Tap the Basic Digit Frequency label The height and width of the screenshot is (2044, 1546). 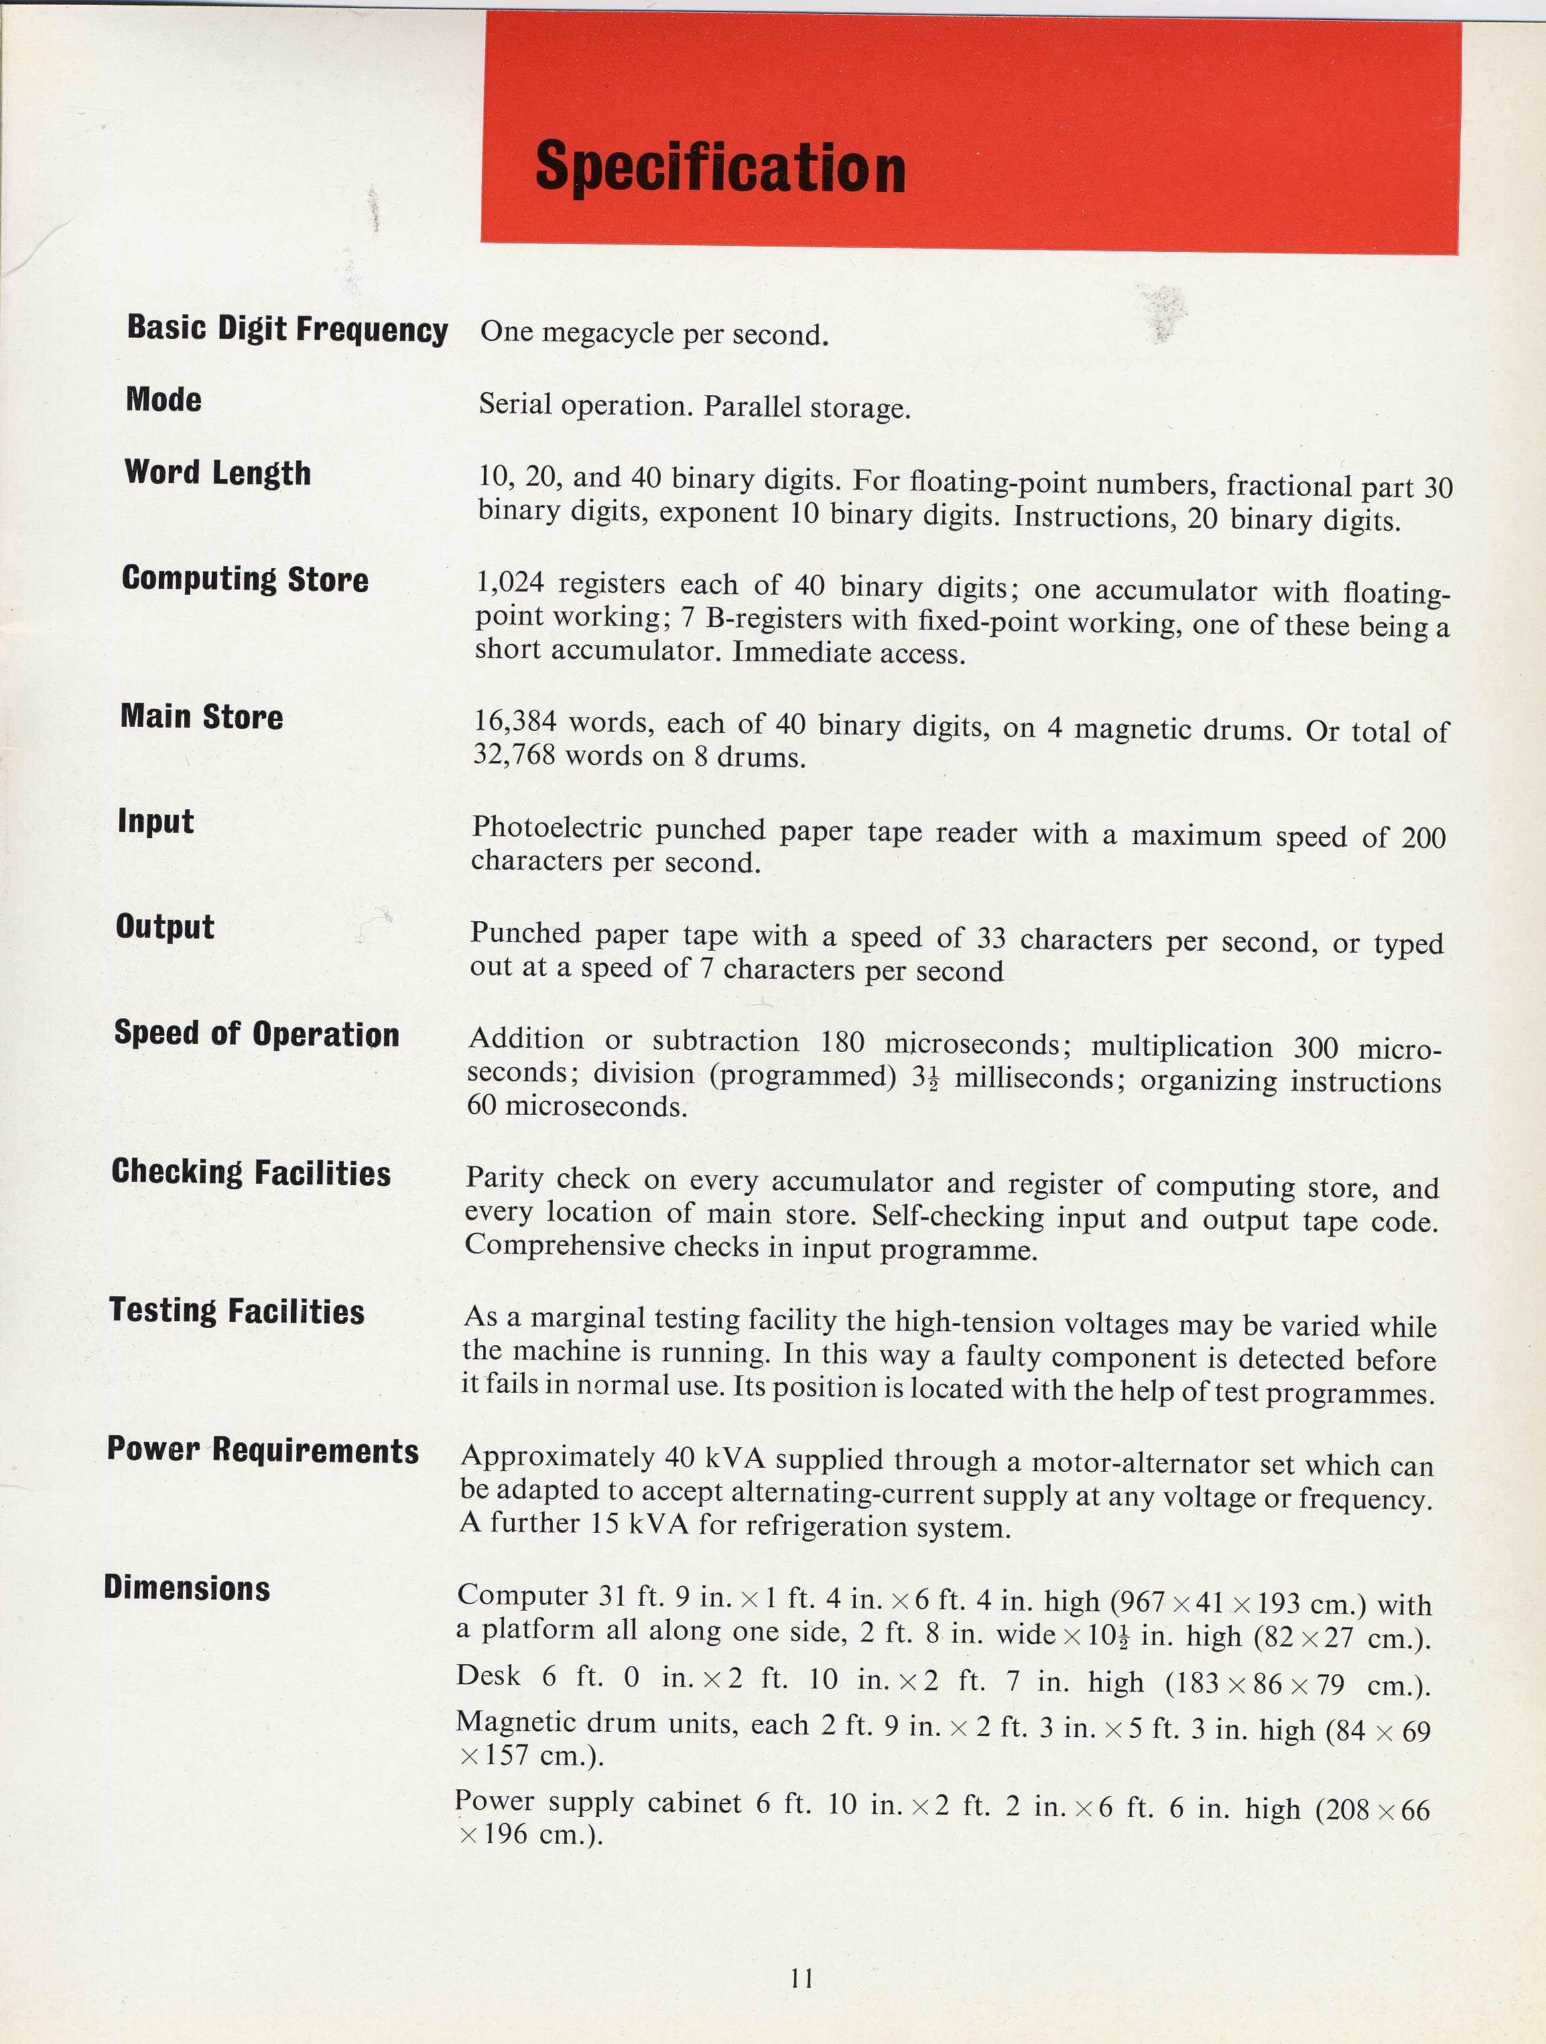287,329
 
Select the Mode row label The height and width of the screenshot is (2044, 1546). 164,399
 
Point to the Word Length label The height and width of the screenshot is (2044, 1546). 217,472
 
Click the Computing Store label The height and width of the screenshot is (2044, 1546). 245,578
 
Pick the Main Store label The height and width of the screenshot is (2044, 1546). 202,716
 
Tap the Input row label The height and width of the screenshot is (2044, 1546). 155,821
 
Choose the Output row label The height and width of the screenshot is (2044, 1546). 164,927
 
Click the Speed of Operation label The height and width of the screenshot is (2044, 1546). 256,1033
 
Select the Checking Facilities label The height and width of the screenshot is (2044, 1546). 251,1172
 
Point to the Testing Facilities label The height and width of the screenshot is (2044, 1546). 237,1310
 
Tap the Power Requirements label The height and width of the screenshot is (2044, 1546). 263,1449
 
